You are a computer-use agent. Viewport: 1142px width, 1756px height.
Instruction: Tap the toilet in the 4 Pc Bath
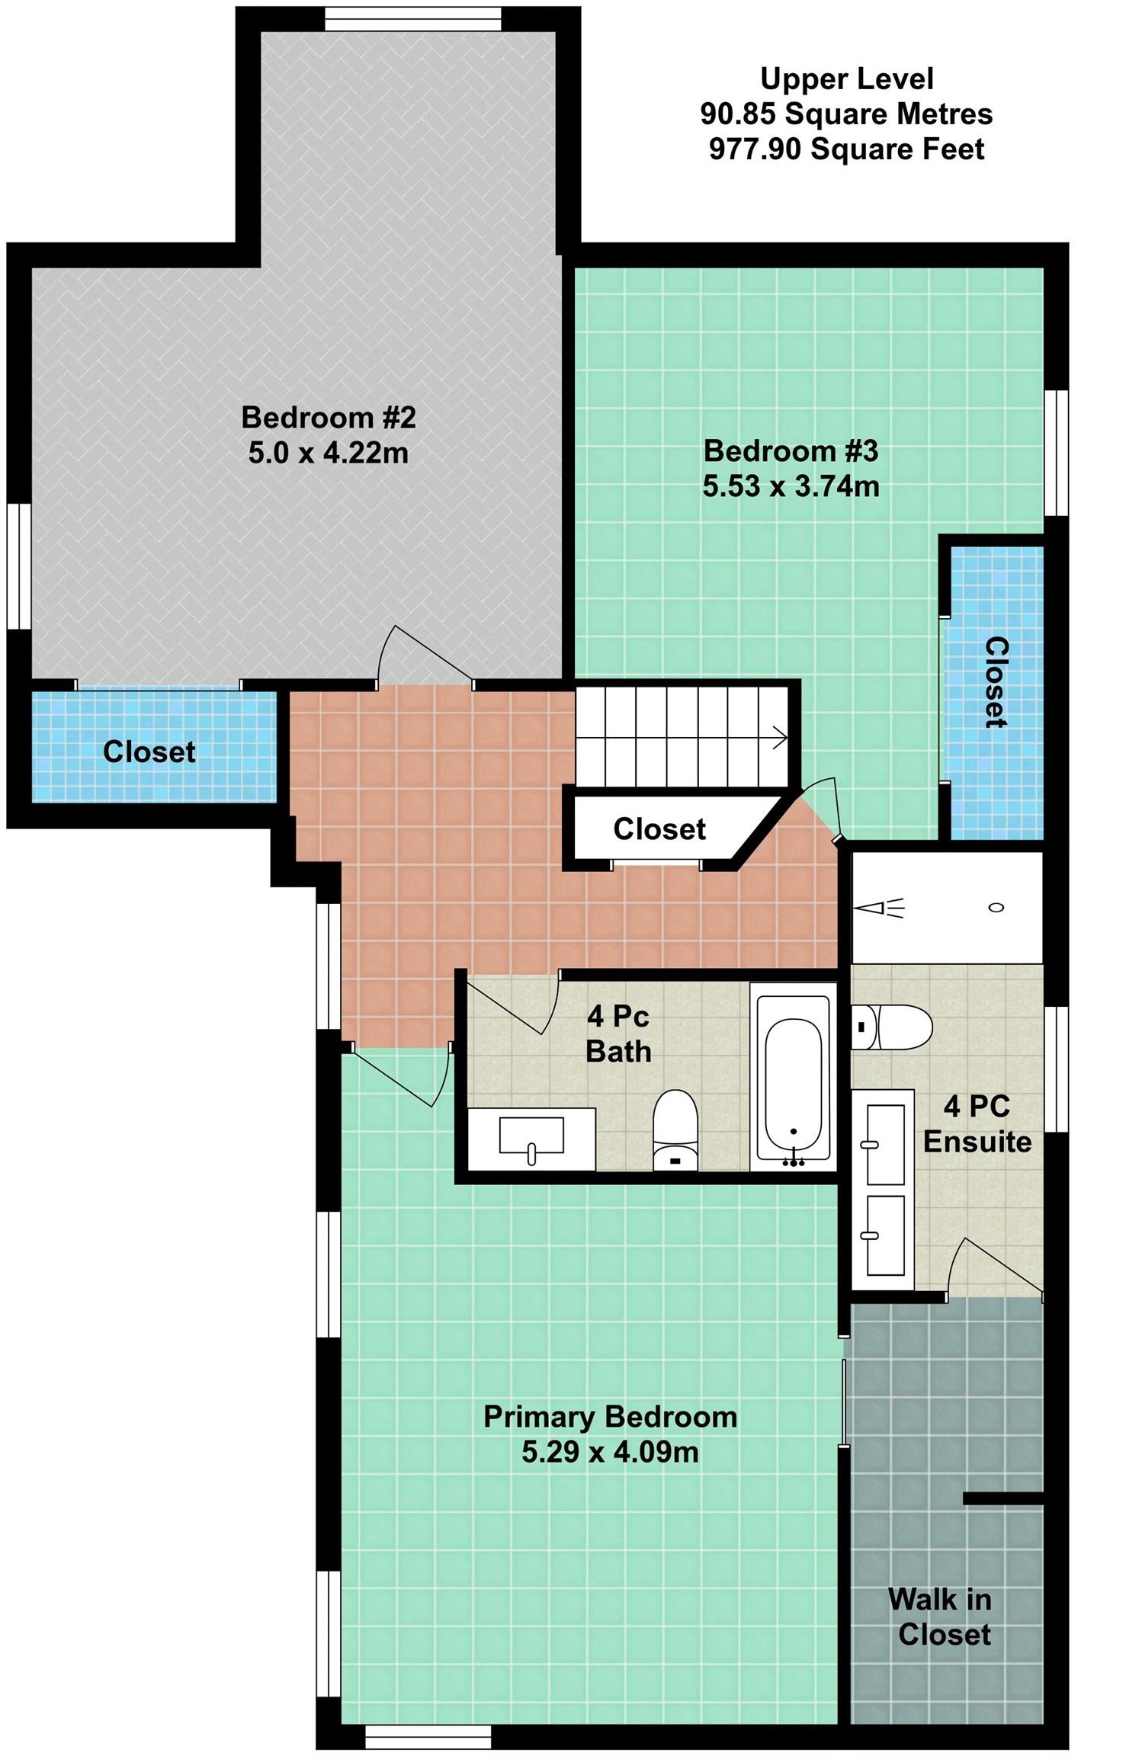tap(675, 1130)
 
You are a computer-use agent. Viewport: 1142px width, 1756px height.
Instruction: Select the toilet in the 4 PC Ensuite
tap(891, 1027)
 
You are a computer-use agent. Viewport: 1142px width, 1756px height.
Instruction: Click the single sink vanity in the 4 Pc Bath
tap(531, 1139)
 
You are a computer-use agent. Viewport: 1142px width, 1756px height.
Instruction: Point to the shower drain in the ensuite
tap(996, 907)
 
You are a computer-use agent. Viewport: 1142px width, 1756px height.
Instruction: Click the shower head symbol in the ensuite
tap(879, 908)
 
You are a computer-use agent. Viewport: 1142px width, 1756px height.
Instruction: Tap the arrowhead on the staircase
tap(781, 738)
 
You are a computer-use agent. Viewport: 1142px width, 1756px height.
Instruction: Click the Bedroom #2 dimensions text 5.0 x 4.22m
tap(329, 453)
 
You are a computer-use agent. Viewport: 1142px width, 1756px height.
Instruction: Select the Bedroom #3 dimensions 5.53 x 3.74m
tap(791, 486)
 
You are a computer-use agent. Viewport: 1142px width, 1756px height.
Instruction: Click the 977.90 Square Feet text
tap(846, 149)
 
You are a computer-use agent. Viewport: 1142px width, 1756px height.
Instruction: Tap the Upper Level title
tap(846, 79)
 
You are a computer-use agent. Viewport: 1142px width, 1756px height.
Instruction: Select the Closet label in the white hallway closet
tap(659, 828)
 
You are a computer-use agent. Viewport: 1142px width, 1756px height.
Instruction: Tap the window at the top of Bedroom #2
tap(413, 19)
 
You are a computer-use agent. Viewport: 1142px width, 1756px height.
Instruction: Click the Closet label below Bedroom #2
tap(149, 751)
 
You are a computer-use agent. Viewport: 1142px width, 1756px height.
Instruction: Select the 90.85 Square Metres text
tap(846, 114)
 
